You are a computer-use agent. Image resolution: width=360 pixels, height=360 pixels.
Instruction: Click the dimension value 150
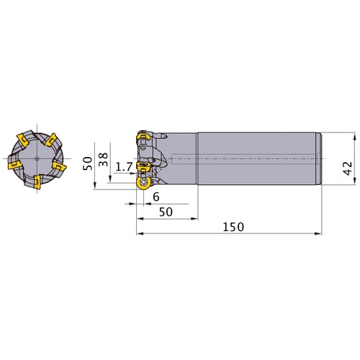(233, 227)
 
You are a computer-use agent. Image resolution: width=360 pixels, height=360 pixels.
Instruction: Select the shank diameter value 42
(348, 168)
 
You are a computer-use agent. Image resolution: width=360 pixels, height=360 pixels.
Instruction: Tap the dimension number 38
(104, 159)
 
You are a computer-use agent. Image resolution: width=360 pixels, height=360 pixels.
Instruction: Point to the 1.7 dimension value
(124, 166)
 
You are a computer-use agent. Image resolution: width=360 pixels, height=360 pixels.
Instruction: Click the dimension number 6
(156, 197)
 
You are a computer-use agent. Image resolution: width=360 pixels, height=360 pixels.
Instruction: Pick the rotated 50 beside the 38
(88, 163)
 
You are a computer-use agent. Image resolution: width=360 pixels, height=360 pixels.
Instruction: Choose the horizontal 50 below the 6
(166, 212)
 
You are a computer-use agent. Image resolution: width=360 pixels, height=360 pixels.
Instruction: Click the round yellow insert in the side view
(143, 184)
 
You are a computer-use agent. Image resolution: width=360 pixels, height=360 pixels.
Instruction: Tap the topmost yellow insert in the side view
(143, 138)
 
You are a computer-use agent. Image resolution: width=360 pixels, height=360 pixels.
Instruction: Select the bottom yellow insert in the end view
(37, 182)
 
